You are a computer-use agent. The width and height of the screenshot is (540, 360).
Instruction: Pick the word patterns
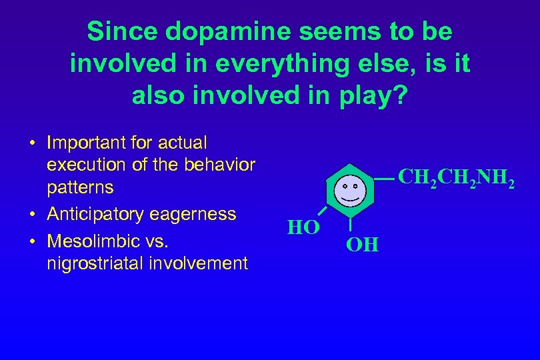[x=80, y=187]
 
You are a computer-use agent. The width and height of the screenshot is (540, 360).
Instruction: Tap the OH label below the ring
[x=363, y=245]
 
